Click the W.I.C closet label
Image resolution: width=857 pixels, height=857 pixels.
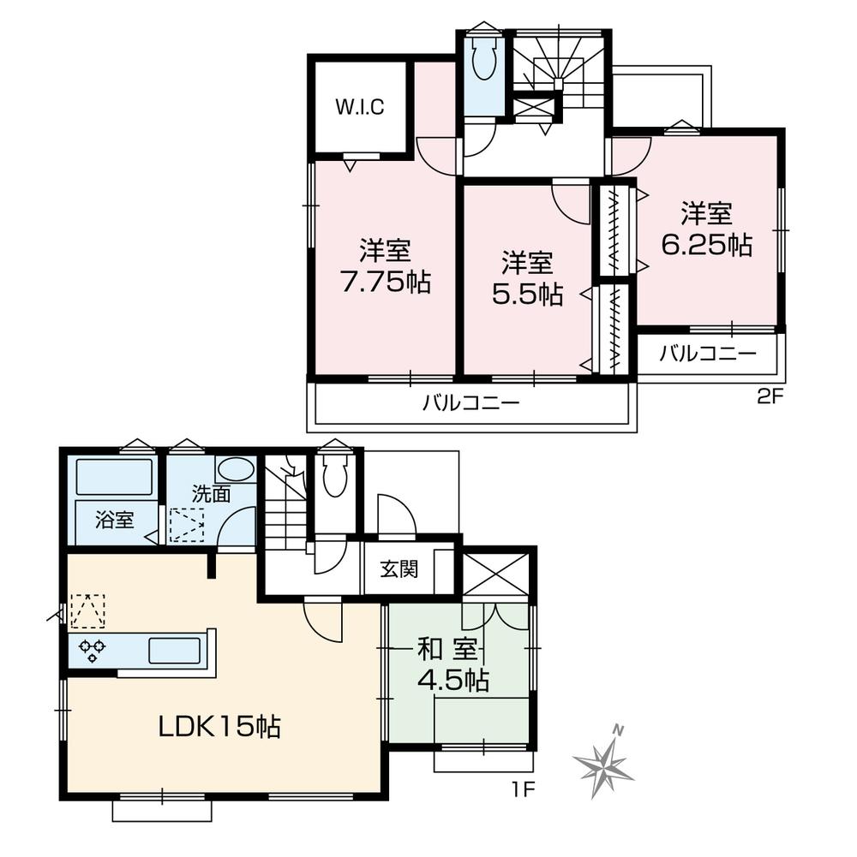(x=359, y=108)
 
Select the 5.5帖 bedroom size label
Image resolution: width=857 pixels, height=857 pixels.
(x=527, y=294)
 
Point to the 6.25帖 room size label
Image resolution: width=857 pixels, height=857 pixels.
(x=707, y=245)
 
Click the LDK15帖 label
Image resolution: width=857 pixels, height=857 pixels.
(x=219, y=727)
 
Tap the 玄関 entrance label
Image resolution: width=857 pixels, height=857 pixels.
(x=399, y=569)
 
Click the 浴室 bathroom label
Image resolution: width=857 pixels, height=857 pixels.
(x=114, y=520)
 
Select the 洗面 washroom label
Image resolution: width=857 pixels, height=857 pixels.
(x=210, y=493)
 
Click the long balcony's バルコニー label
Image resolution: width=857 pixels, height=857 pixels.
(x=470, y=403)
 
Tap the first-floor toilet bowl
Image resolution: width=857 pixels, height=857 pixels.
(x=335, y=478)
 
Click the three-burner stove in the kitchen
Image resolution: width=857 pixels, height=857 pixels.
(x=92, y=651)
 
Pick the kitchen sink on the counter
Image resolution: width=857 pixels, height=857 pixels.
(x=175, y=651)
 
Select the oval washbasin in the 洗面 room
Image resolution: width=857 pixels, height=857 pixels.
(x=236, y=469)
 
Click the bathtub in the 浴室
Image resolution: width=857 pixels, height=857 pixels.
(x=113, y=477)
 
